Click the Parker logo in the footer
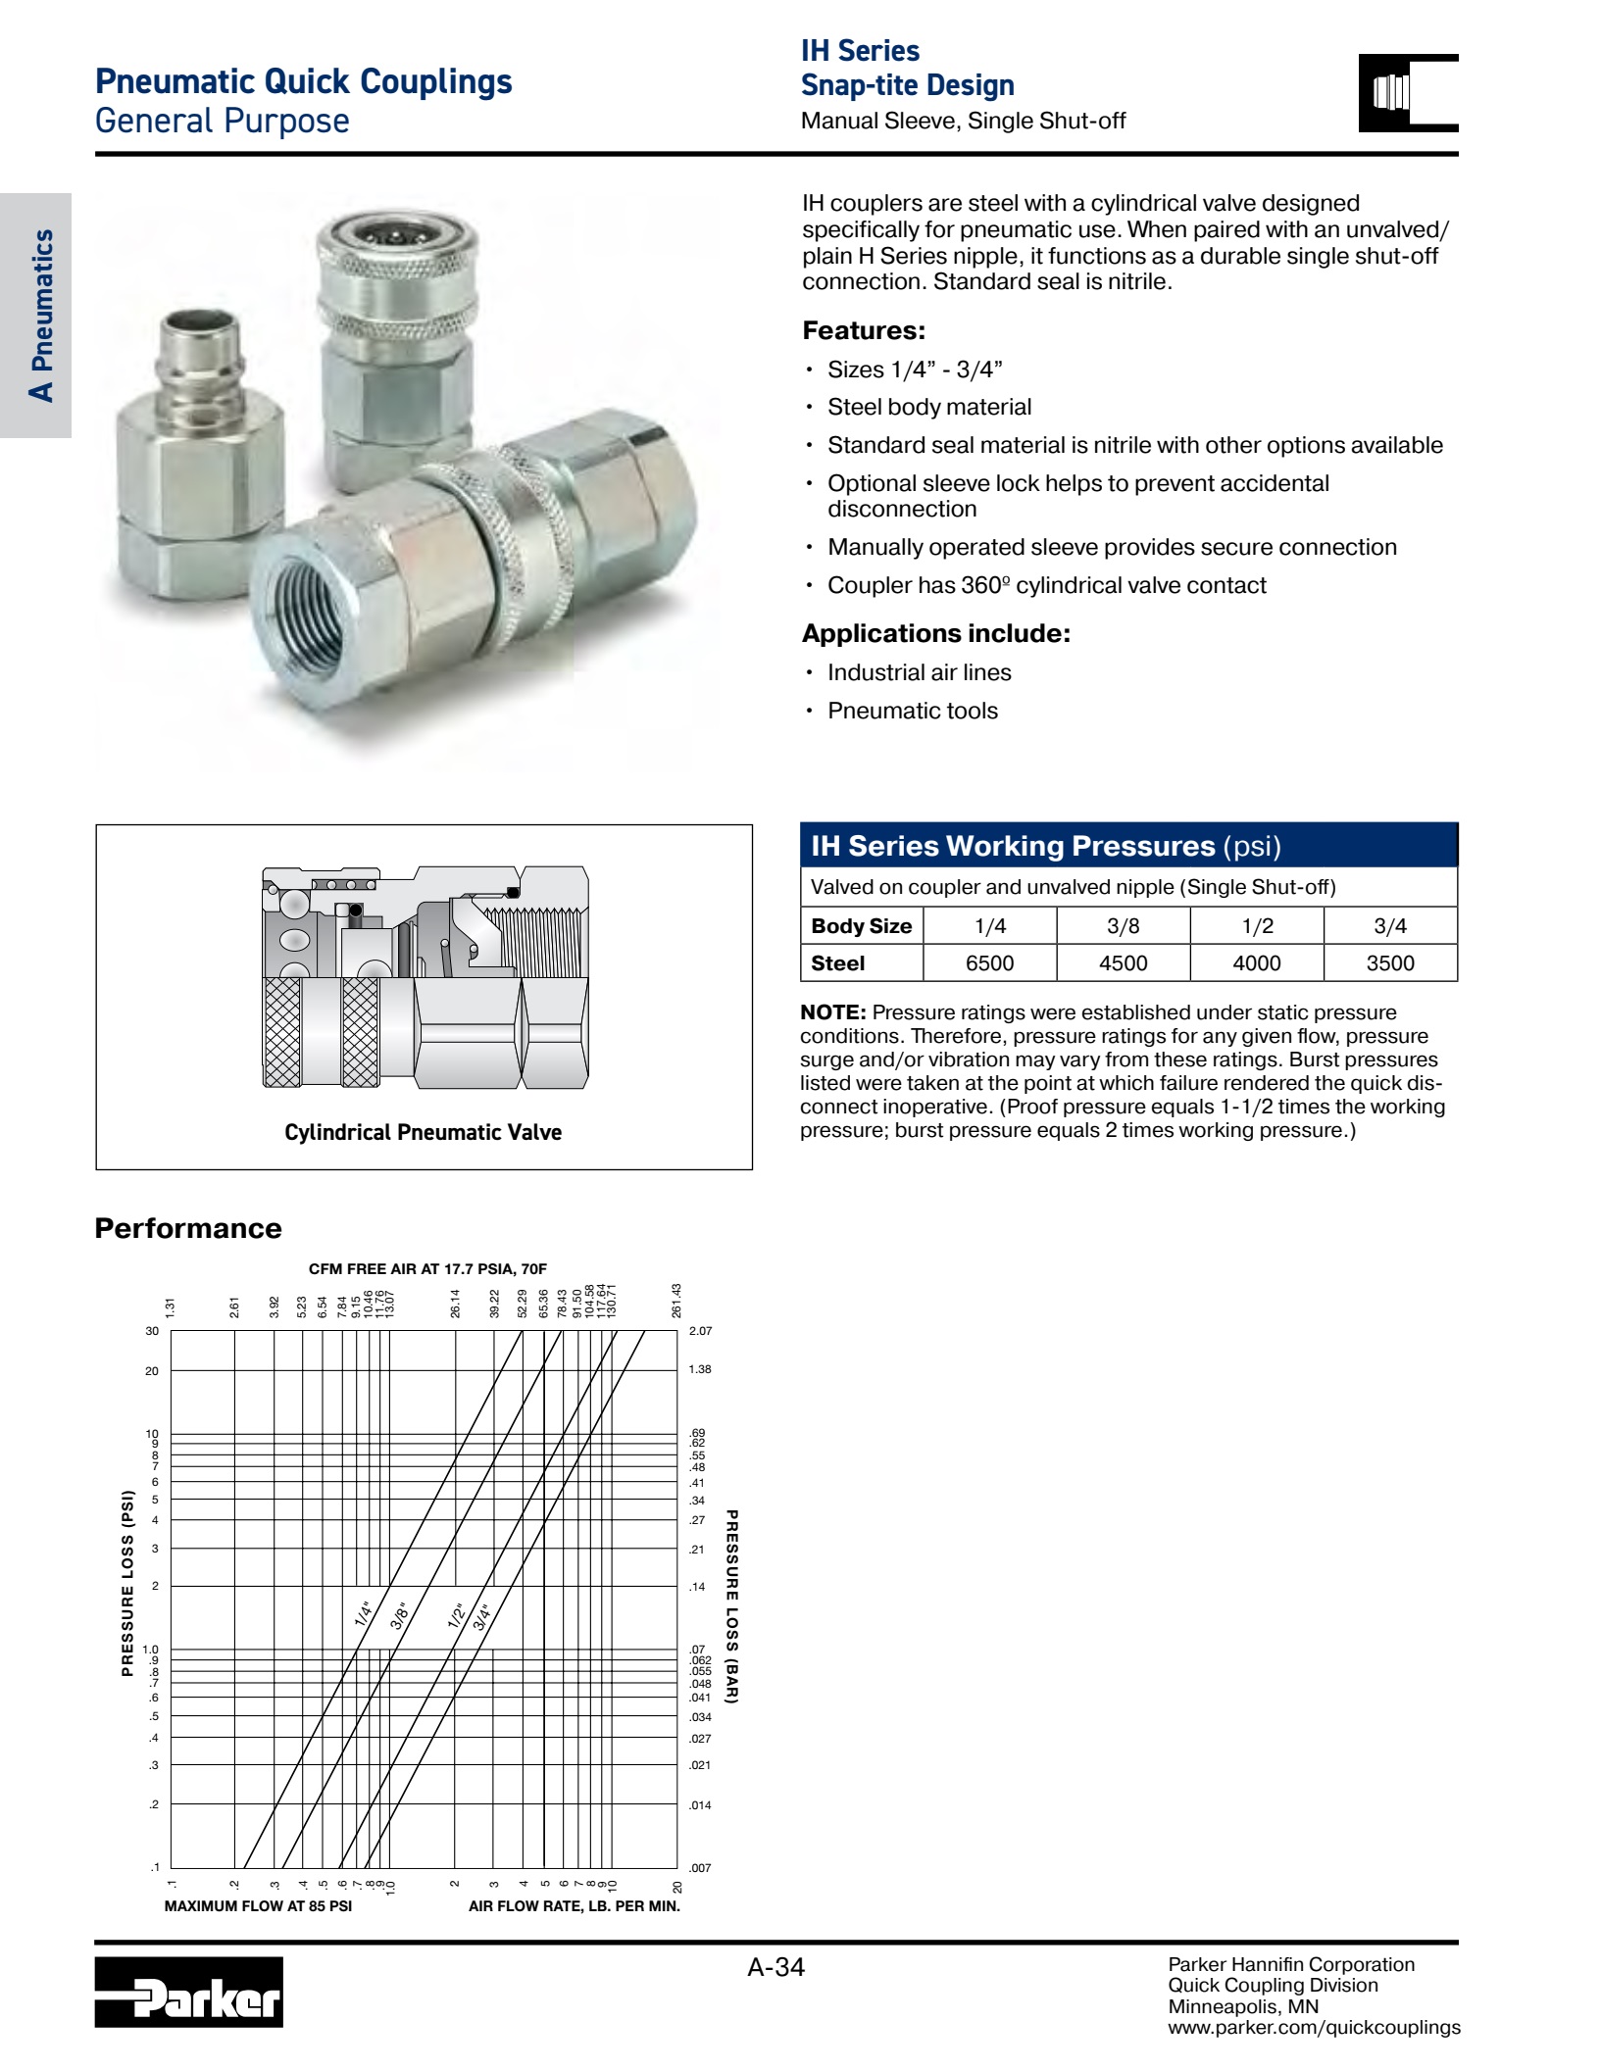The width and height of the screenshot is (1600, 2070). click(x=188, y=1992)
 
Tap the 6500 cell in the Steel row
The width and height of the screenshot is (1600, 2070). click(x=989, y=962)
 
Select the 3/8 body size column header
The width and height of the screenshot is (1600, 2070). click(x=1123, y=925)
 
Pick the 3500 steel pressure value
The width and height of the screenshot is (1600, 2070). click(x=1390, y=962)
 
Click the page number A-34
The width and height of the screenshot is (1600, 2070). click(x=775, y=1967)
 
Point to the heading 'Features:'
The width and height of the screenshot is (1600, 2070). click(x=864, y=330)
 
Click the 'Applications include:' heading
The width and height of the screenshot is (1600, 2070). click(x=936, y=633)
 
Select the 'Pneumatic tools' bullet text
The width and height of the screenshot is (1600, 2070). click(x=913, y=711)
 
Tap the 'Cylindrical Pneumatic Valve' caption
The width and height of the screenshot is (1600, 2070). click(x=423, y=1132)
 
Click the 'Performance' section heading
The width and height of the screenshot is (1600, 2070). click(x=188, y=1228)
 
